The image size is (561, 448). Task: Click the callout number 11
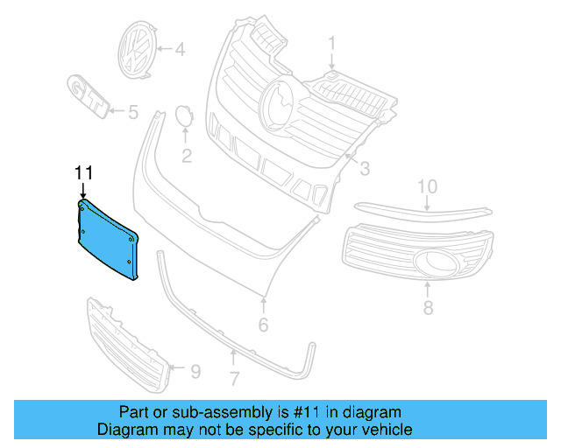[83, 172]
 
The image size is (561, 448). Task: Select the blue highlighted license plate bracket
[105, 241]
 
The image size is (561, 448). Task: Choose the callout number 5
[132, 112]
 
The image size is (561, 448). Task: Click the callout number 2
[186, 157]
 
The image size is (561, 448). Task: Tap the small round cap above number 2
[184, 115]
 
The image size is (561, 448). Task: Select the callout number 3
[366, 167]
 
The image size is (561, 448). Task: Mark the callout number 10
[427, 185]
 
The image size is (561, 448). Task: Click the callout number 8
[428, 307]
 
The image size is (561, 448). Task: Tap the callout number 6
[262, 325]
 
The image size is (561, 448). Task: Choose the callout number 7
[234, 379]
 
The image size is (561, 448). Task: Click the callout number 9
[195, 372]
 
